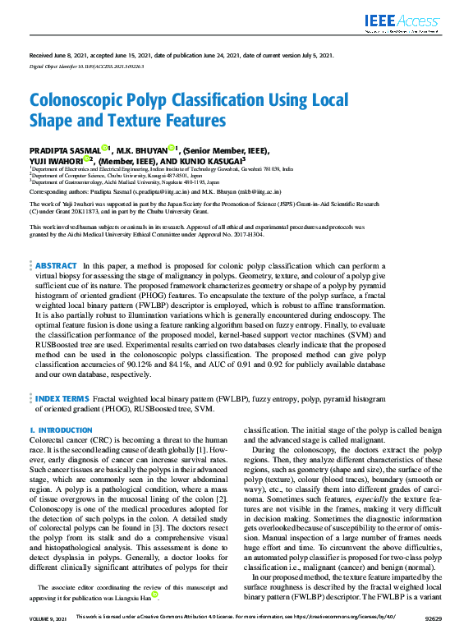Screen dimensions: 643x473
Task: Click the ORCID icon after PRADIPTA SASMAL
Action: pos(105,149)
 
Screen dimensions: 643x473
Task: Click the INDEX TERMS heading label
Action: pos(62,398)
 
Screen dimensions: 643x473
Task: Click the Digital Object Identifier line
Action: pos(86,64)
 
